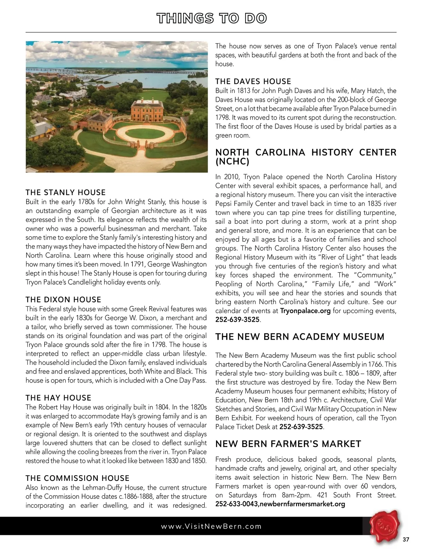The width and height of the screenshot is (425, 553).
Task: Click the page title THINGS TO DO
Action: (x=211, y=18)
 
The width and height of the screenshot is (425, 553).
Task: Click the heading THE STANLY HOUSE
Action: (x=66, y=193)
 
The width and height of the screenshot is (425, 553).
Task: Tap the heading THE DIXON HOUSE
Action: (x=63, y=300)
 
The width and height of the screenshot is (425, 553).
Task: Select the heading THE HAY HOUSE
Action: (x=58, y=398)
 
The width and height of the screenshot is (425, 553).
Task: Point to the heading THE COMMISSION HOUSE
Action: (x=78, y=478)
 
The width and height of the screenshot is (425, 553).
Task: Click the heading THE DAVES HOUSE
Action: (x=253, y=82)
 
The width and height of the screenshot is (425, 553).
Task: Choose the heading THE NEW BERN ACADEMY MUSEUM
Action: (x=300, y=337)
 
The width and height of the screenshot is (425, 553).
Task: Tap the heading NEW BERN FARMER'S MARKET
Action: (x=288, y=444)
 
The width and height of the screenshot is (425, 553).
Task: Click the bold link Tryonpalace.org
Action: (x=305, y=311)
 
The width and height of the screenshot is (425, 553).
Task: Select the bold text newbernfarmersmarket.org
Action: (x=302, y=504)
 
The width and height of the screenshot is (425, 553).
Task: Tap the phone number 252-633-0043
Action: (x=236, y=504)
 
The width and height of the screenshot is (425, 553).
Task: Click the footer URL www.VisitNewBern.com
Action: (x=211, y=526)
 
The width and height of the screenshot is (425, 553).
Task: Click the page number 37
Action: (x=406, y=540)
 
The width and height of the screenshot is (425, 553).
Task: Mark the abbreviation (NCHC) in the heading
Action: (x=232, y=162)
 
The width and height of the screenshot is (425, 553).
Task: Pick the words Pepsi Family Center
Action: (x=245, y=204)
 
